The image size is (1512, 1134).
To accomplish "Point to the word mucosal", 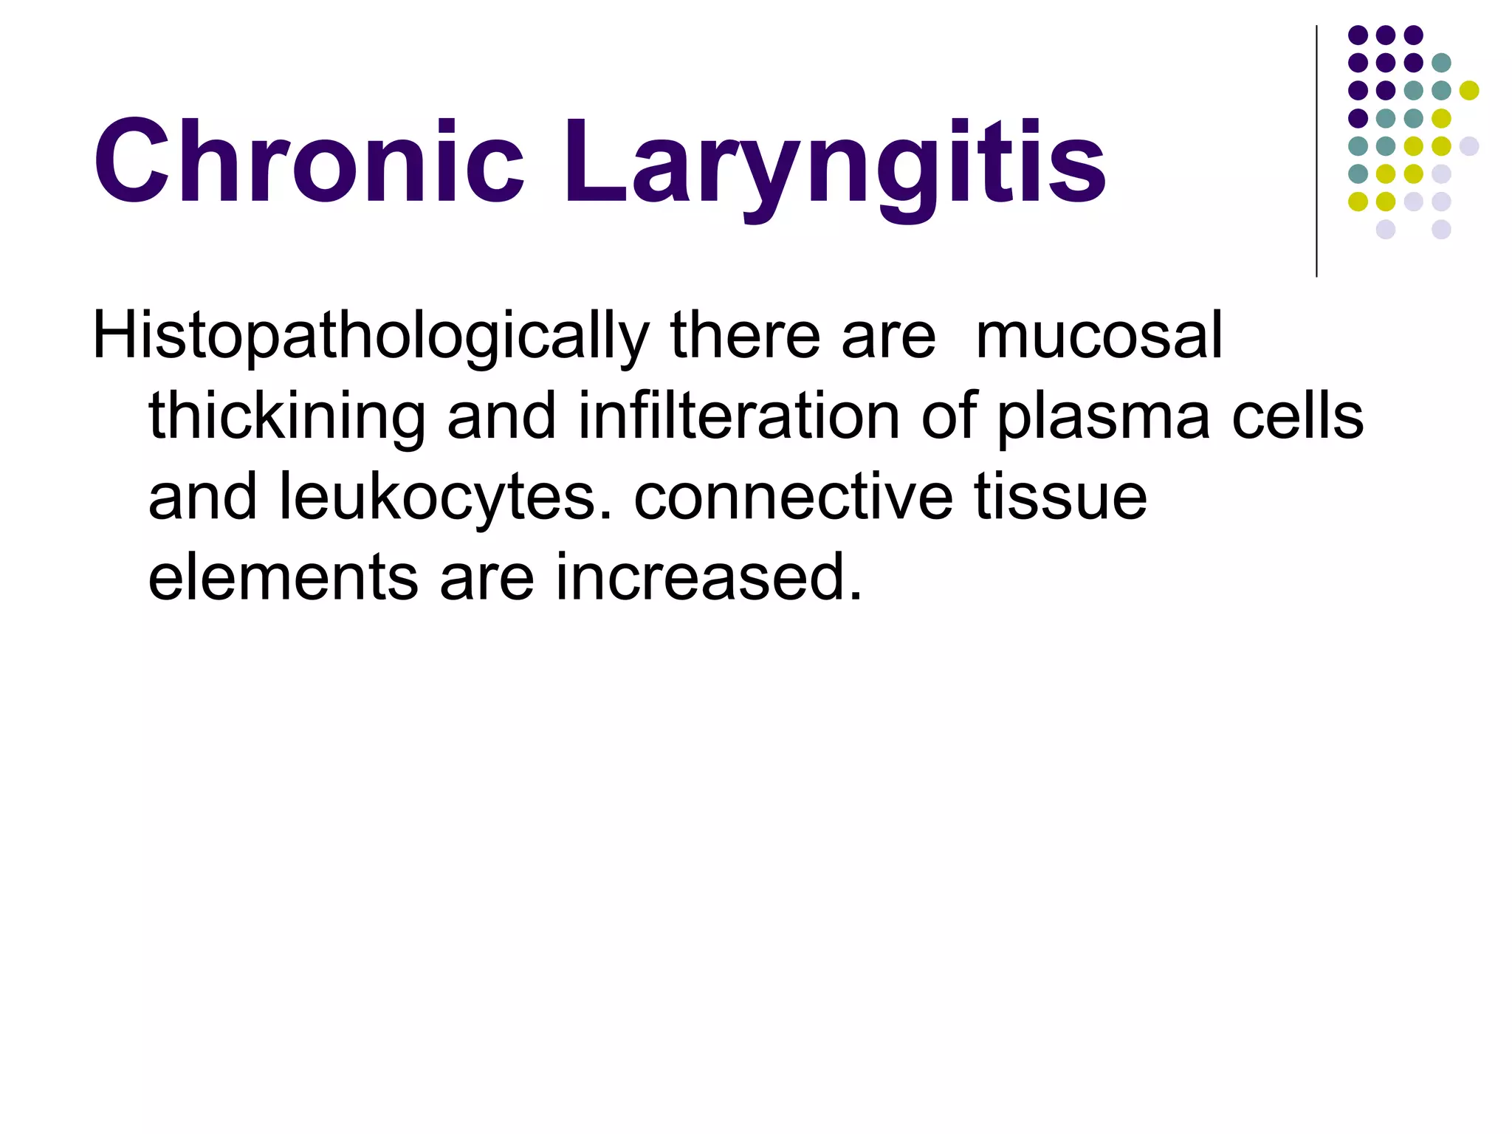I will click(x=1099, y=336).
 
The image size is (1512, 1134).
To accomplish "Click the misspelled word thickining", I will click(x=287, y=418).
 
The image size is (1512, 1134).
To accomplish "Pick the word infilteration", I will click(x=738, y=416).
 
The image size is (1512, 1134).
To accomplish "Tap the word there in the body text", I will click(x=745, y=336).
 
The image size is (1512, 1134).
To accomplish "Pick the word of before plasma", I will click(x=948, y=416).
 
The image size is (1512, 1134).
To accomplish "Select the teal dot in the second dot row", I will click(x=1441, y=63).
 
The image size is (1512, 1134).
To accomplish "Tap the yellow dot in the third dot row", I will click(x=1469, y=91).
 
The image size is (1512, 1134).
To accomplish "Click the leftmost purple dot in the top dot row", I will click(x=1358, y=35).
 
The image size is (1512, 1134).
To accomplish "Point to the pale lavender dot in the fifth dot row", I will click(x=1469, y=146).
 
